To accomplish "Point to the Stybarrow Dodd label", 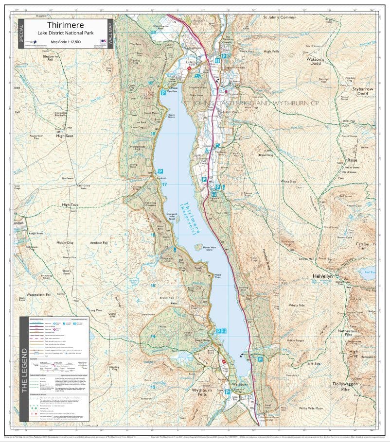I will click(366, 91).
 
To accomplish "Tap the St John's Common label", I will click(280, 17).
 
